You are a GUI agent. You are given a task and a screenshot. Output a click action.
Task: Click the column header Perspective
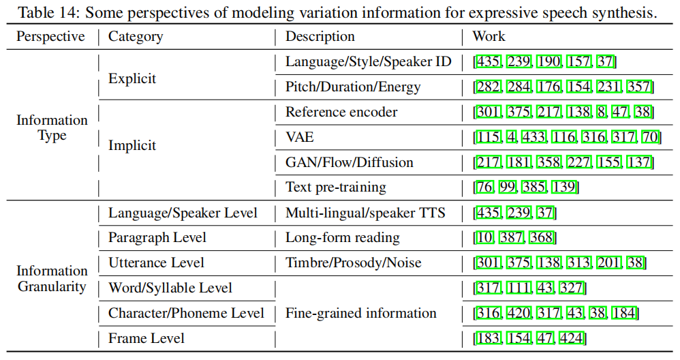point(50,37)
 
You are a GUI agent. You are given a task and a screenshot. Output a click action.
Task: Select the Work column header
point(489,37)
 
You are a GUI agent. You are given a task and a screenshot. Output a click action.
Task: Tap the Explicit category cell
point(132,78)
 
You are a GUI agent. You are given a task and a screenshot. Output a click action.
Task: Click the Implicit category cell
point(132,145)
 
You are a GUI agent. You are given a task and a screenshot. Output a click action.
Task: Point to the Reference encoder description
point(341,112)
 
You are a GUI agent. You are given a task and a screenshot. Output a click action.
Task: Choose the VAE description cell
point(300,137)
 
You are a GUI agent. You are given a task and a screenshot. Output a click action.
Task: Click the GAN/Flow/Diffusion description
point(349,162)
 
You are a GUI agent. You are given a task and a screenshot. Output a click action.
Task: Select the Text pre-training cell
point(335,187)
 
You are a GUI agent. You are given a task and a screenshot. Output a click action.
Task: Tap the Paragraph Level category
point(157,238)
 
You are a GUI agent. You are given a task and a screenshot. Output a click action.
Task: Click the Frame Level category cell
point(146,338)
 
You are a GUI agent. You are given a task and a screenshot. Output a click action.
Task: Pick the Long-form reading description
point(342,238)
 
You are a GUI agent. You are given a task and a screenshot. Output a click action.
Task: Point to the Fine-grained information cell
point(360,313)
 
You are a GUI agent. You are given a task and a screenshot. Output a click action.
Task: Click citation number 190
point(549,62)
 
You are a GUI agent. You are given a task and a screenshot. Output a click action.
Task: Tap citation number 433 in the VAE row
point(534,137)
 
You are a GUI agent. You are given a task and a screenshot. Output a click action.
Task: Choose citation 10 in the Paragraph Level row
point(484,238)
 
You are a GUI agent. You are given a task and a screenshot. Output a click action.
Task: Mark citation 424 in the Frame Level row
point(572,338)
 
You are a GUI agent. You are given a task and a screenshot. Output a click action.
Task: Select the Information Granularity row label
point(52,279)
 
